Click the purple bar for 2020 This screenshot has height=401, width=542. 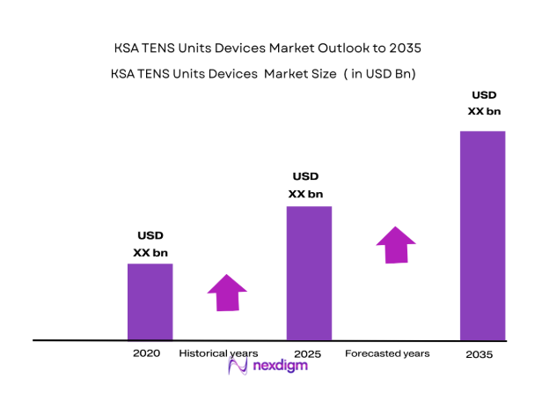coord(150,301)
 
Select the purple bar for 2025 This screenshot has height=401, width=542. coord(309,272)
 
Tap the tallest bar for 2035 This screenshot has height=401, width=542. coord(483,234)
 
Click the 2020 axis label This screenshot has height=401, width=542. coord(146,353)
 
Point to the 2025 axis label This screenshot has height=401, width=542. coord(307,353)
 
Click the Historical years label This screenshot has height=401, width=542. coord(218,353)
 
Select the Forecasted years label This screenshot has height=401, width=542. coord(387,353)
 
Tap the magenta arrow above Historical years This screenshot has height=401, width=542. coord(227,292)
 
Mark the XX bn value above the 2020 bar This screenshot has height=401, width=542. coord(150,253)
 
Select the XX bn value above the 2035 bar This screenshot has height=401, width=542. coord(483,111)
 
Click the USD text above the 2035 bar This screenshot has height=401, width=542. coord(484,94)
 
